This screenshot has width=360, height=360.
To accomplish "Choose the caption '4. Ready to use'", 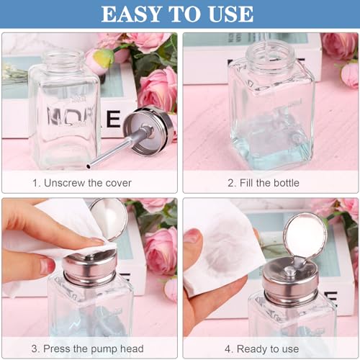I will click(x=269, y=348).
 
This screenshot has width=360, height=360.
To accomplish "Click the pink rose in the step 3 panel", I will click(x=159, y=248).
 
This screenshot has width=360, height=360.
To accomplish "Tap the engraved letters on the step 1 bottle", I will click(x=65, y=115).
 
